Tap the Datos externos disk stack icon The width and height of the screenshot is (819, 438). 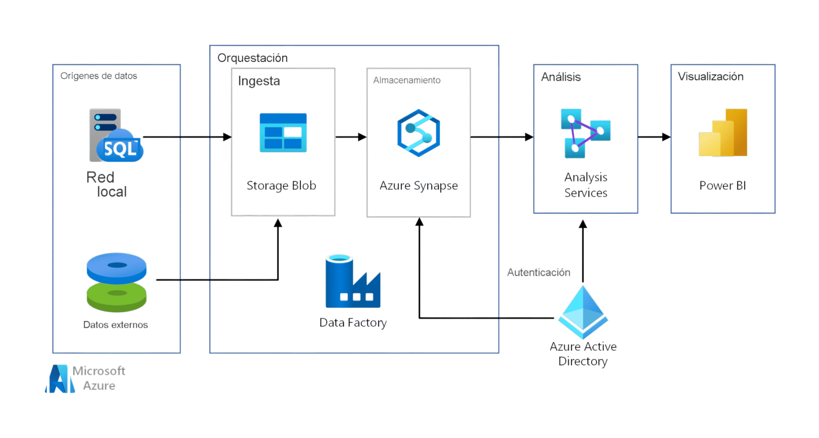[116, 282]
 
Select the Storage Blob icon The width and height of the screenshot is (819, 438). [283, 133]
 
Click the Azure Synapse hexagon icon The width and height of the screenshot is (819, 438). [418, 133]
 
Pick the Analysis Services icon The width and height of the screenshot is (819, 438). [585, 134]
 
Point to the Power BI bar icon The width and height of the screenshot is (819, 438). [723, 133]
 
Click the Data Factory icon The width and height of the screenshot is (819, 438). [353, 281]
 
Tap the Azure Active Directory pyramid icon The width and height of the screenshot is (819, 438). [583, 311]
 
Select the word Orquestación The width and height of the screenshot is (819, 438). [252, 58]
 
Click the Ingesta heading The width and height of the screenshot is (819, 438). [259, 81]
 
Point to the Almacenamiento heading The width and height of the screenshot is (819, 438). [407, 80]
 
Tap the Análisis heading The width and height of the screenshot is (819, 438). [561, 77]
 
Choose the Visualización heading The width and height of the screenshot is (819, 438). [711, 77]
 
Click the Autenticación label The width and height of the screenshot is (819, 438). [539, 273]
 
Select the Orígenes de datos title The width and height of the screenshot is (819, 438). [99, 76]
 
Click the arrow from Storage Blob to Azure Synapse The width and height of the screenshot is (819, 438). [351, 137]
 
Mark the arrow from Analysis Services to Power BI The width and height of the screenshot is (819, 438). [654, 137]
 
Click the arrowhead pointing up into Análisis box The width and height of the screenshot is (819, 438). [583, 224]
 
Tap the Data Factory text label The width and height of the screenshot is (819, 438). [353, 323]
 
